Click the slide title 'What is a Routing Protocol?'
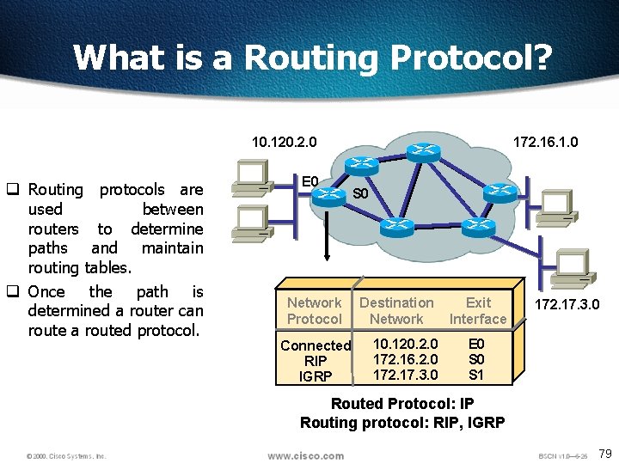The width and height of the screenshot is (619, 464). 313,58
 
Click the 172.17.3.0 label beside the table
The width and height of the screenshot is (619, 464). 567,304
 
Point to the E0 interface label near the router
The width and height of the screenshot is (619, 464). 310,181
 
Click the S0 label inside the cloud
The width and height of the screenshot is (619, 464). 361,194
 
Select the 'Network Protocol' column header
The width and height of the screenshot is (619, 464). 314,310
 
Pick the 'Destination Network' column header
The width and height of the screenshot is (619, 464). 396,310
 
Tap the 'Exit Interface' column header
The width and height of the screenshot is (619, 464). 478,310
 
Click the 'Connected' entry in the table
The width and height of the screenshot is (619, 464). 316,345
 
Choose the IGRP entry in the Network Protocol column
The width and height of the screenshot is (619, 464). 316,375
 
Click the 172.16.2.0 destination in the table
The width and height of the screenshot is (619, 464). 405,359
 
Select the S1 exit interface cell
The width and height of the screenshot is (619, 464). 476,375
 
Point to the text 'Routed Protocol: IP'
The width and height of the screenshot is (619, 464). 402,404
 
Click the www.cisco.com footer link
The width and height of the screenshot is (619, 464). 305,455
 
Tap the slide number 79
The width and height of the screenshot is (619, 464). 604,453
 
